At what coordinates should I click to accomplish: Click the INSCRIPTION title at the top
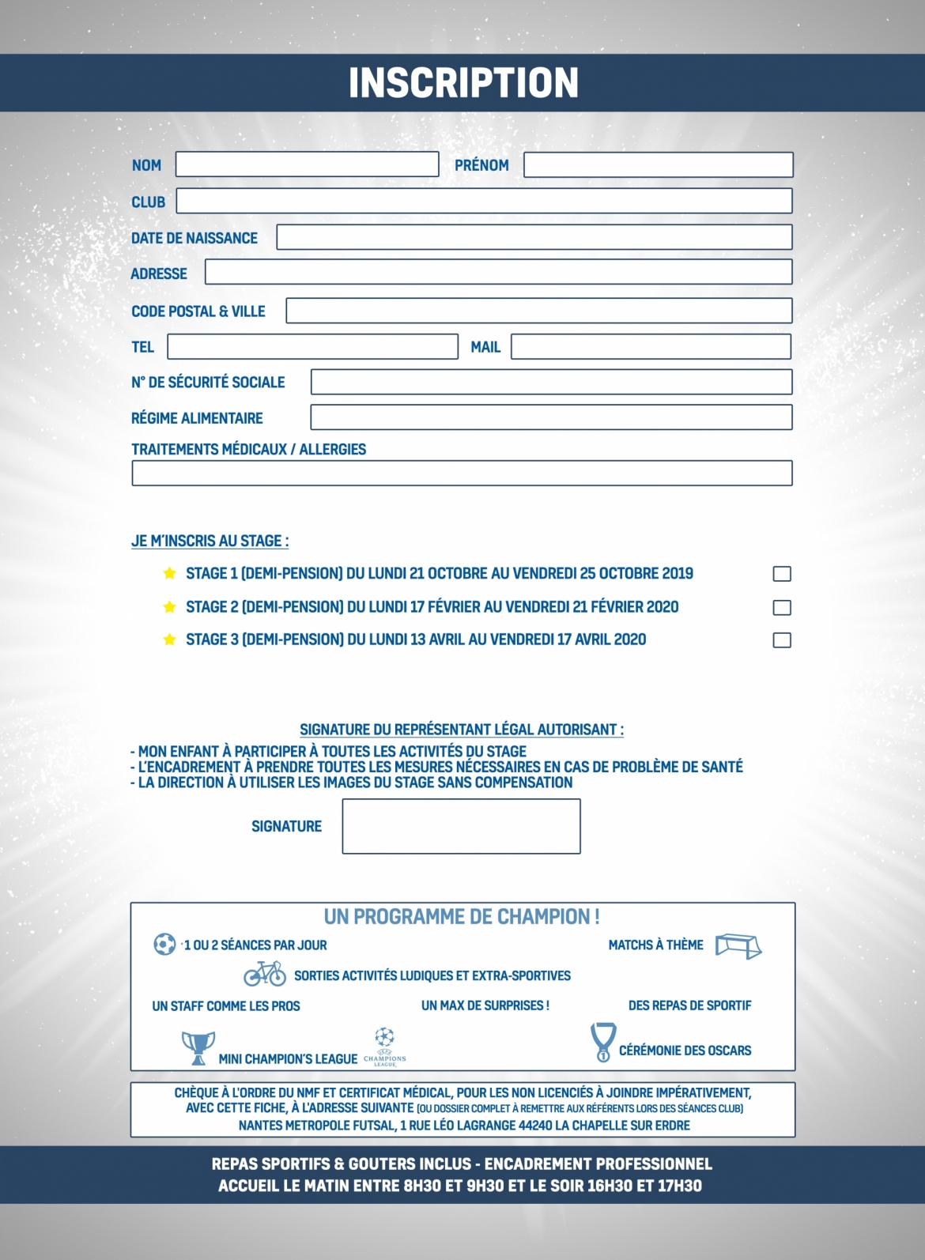coord(463,83)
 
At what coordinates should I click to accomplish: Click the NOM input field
coord(307,164)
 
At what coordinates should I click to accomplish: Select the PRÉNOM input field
coord(658,164)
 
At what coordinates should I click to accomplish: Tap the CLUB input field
coord(484,201)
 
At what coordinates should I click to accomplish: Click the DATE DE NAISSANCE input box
coord(534,237)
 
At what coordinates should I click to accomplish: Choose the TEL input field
coord(312,346)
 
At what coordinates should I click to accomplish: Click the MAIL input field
coord(651,346)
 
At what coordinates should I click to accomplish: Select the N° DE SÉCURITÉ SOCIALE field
coord(551,382)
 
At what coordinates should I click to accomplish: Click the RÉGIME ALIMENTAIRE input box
coord(551,417)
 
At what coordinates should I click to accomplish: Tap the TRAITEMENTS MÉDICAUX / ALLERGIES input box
coord(462,473)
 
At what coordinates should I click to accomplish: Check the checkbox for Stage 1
coord(782,574)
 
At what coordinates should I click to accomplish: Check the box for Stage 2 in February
coord(782,607)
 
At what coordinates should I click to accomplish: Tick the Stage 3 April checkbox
coord(782,640)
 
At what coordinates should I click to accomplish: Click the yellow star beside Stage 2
coord(169,607)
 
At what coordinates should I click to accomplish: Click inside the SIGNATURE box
coord(461,826)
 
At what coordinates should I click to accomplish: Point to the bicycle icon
coord(265,974)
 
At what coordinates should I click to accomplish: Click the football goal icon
coord(738,946)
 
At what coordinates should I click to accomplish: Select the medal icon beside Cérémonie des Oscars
coord(603,1042)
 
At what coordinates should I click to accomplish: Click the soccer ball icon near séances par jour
coord(164,944)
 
